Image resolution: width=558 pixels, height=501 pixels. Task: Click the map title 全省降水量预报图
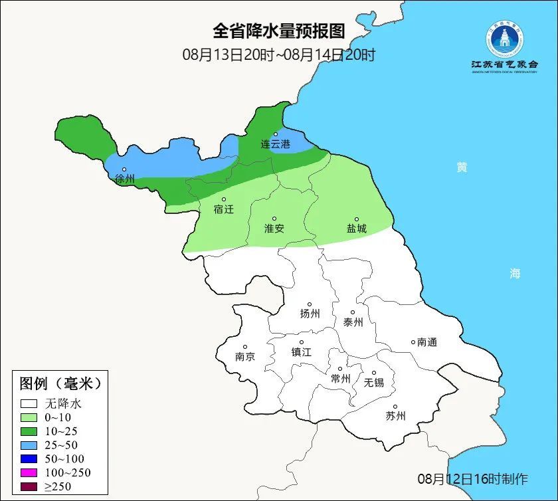click(x=279, y=31)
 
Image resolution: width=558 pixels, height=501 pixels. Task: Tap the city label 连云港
click(x=275, y=144)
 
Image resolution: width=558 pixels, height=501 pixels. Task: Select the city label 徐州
click(x=124, y=179)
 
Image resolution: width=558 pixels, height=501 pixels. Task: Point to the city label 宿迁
click(x=224, y=209)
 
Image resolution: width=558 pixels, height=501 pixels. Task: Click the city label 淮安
click(x=274, y=228)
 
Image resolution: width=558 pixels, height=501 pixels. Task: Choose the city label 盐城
click(x=356, y=228)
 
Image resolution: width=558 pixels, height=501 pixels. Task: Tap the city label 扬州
click(x=310, y=314)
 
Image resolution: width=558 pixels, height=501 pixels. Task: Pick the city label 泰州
click(x=353, y=322)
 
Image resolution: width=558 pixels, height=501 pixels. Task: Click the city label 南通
click(x=427, y=342)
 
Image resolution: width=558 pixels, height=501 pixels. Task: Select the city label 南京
click(x=244, y=356)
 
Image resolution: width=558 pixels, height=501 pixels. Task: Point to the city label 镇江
click(x=301, y=352)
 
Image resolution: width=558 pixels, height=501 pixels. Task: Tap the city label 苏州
click(x=395, y=417)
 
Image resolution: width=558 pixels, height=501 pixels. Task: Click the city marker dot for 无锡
click(x=373, y=373)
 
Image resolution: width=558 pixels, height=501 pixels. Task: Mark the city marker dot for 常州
click(x=339, y=369)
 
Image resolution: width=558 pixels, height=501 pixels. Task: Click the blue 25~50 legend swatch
click(x=29, y=445)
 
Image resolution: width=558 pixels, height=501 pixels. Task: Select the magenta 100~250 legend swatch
click(x=29, y=472)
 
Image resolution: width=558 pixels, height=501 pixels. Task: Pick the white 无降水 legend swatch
click(x=29, y=403)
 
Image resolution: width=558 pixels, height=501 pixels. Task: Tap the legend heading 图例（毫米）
click(x=60, y=383)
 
